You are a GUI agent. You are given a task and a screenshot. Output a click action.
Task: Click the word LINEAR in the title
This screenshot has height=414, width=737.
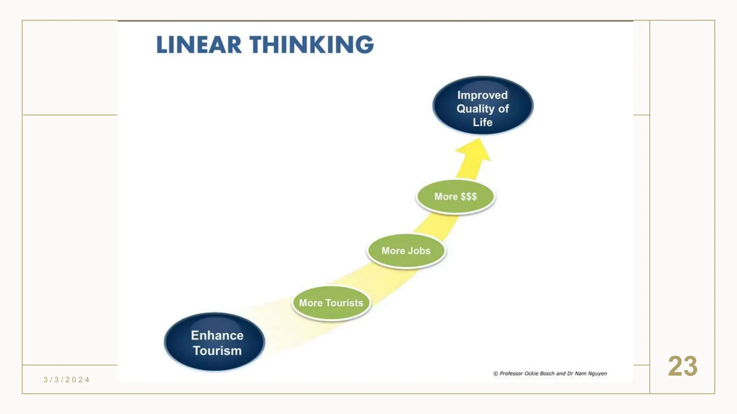[x=199, y=45]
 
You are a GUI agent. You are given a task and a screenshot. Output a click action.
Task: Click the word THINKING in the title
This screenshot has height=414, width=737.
[x=312, y=45]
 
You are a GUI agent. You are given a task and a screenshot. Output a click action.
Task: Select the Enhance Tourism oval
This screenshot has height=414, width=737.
[x=214, y=342]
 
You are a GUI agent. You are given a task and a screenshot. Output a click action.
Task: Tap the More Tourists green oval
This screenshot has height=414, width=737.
[x=331, y=303]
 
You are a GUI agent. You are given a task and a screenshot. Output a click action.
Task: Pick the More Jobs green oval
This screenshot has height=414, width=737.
[x=406, y=251]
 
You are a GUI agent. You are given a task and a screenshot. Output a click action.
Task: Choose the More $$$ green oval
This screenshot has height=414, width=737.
[x=456, y=197]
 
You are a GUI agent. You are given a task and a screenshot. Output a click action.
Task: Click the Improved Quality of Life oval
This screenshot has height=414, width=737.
[x=483, y=106]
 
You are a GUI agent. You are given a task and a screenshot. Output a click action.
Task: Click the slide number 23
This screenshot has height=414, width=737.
[x=683, y=367]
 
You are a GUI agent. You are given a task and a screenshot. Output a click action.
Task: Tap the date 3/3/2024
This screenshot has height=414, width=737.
[x=67, y=380]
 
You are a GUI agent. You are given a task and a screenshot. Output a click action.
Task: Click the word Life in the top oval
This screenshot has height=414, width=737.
[x=483, y=122]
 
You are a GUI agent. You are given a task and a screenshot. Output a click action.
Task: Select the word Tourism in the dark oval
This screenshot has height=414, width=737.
[x=217, y=351]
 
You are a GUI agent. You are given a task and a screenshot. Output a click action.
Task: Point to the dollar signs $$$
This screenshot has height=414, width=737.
[x=469, y=197]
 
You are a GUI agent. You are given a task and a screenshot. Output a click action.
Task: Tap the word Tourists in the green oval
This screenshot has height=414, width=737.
[x=344, y=303]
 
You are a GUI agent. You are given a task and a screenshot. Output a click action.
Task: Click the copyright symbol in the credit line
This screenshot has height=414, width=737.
[x=496, y=374]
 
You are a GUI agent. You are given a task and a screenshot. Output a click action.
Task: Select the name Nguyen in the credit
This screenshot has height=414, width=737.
[x=597, y=374]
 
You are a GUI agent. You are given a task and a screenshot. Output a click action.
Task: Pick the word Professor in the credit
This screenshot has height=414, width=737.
[x=511, y=374]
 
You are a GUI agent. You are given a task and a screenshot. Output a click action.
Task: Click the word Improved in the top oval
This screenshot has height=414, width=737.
[x=482, y=95]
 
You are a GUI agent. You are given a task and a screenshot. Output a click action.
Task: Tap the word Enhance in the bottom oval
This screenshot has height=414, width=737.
[x=217, y=335]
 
